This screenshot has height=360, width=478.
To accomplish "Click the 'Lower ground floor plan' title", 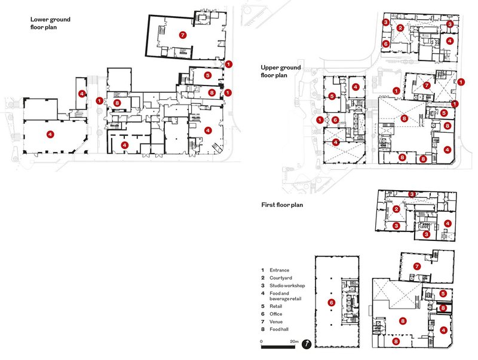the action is click(x=50, y=23).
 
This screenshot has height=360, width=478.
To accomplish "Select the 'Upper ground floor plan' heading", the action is click(x=280, y=71).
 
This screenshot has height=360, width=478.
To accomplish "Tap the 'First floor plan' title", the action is click(x=282, y=205).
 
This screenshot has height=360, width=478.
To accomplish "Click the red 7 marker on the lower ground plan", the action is click(x=182, y=35).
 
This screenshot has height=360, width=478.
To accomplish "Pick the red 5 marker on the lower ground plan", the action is click(x=207, y=75).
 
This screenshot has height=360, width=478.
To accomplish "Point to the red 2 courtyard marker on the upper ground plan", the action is click(x=400, y=28).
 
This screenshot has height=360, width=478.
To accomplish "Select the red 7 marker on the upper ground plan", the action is click(x=427, y=86).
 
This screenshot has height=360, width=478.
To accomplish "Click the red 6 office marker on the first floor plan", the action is click(x=331, y=303).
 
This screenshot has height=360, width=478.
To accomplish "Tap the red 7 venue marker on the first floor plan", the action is click(x=416, y=266).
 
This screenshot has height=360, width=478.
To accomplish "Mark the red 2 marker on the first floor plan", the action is click(x=396, y=209).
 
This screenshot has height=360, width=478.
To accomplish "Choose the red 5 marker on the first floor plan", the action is click(x=443, y=294).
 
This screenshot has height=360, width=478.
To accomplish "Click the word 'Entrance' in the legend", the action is click(x=279, y=270).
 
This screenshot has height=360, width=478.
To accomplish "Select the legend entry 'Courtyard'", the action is click(x=281, y=278).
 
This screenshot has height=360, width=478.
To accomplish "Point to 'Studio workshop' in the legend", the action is click(x=287, y=286).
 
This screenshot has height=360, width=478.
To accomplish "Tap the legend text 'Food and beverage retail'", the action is click(x=286, y=296).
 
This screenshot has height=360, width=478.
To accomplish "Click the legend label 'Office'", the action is click(x=276, y=314).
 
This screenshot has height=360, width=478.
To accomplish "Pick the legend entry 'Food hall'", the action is click(x=279, y=329).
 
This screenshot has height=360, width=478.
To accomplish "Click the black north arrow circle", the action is click(x=307, y=344).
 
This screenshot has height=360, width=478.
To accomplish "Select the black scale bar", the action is click(x=278, y=347).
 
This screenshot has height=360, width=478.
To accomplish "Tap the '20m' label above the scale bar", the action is click(x=294, y=341).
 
